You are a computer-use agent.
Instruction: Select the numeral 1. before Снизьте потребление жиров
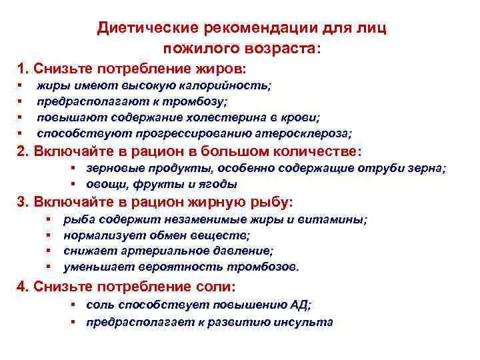(23, 69)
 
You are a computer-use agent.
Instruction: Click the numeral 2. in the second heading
(23, 151)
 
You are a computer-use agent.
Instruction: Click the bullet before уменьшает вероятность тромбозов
(49, 267)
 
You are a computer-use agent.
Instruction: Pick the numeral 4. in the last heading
(23, 287)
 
